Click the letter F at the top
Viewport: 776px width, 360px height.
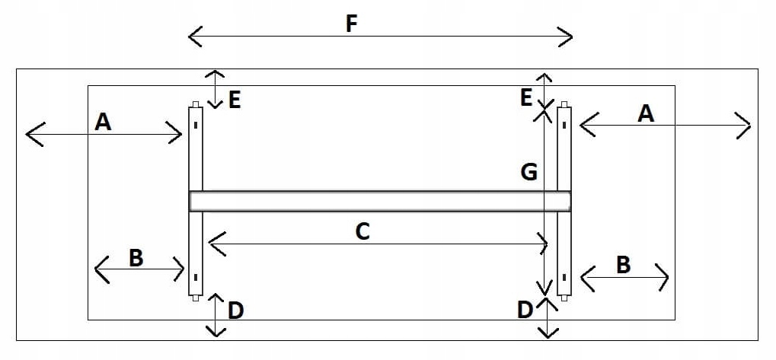pyautogui.click(x=351, y=24)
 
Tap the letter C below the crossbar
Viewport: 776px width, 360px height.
pyautogui.click(x=362, y=231)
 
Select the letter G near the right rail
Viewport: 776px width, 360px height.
pyautogui.click(x=529, y=173)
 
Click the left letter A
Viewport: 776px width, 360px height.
pyautogui.click(x=104, y=121)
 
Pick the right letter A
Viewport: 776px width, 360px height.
pyautogui.click(x=645, y=113)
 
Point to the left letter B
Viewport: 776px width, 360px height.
pyautogui.click(x=136, y=258)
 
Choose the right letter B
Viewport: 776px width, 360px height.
pyautogui.click(x=622, y=264)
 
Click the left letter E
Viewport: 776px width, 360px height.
pyautogui.click(x=234, y=100)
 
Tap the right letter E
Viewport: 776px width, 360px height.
pyautogui.click(x=525, y=97)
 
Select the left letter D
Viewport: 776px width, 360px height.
pyautogui.click(x=235, y=311)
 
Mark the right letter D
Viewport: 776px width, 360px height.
pyautogui.click(x=525, y=310)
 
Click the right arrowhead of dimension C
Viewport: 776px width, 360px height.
pyautogui.click(x=544, y=244)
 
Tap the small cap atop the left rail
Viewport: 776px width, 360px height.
pyautogui.click(x=196, y=104)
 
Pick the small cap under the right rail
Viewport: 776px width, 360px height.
pyautogui.click(x=564, y=298)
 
